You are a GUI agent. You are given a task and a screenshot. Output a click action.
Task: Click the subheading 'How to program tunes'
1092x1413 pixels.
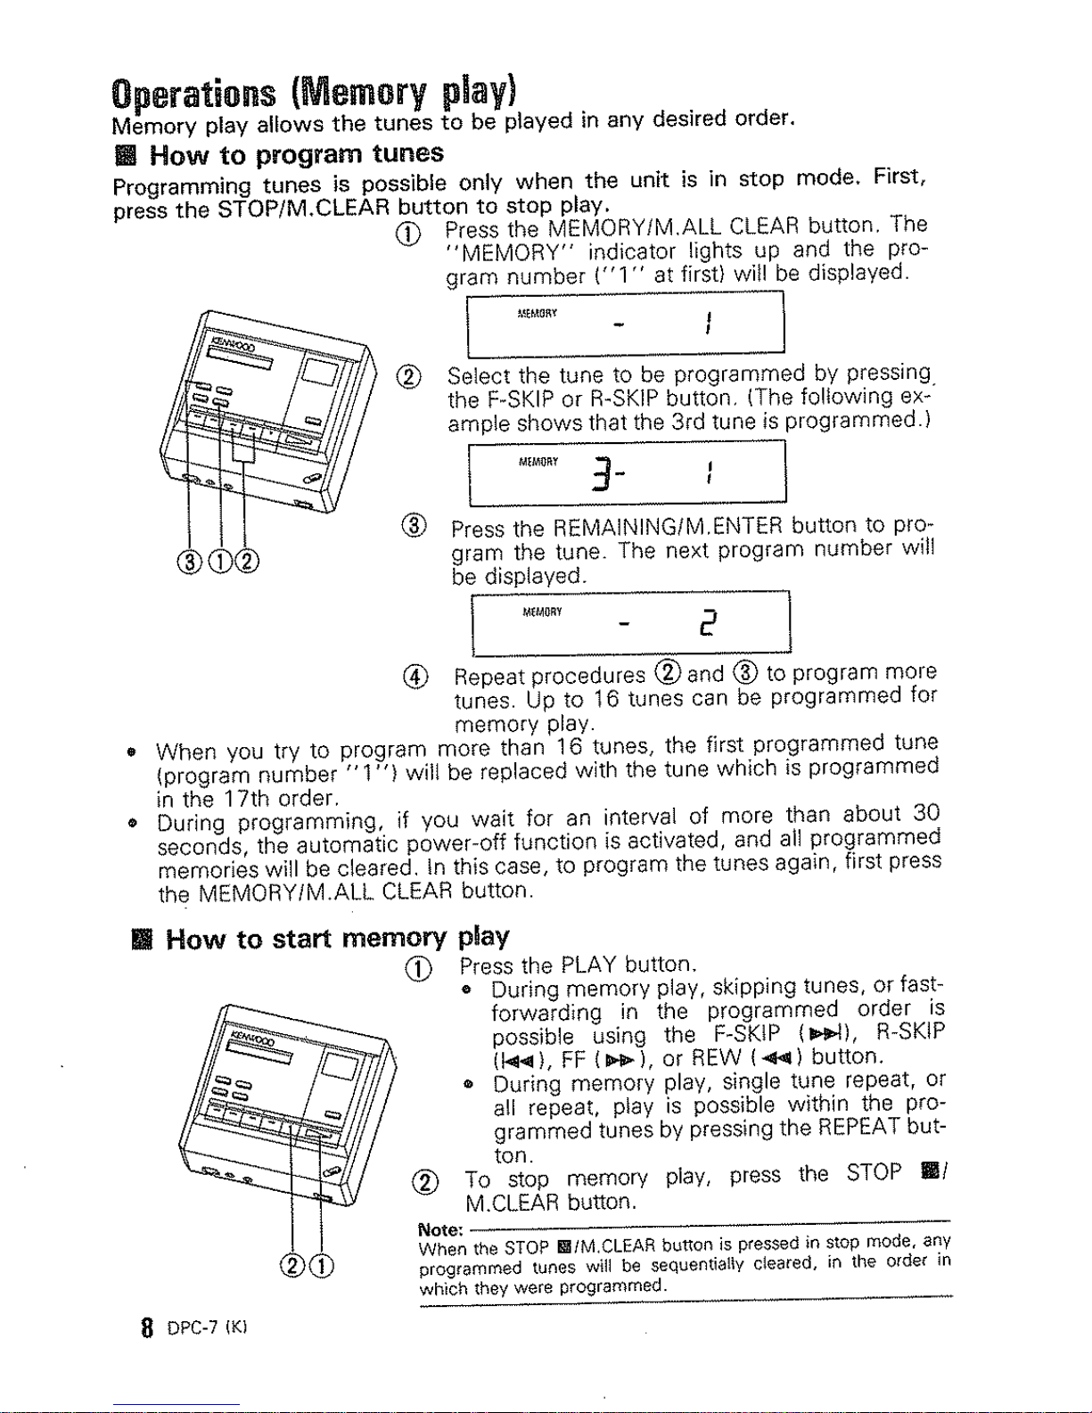point(296,154)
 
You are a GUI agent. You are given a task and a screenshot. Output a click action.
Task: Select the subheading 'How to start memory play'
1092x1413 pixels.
point(337,939)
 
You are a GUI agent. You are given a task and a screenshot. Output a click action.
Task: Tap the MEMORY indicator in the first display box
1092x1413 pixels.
point(537,314)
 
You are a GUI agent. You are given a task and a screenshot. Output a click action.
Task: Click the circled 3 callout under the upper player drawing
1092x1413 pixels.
point(189,561)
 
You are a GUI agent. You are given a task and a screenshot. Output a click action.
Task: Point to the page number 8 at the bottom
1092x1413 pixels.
point(148,1327)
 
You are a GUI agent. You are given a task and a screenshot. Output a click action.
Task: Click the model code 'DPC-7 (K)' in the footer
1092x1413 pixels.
point(208,1327)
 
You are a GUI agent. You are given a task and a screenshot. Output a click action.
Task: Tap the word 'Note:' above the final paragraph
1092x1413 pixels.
point(440,1229)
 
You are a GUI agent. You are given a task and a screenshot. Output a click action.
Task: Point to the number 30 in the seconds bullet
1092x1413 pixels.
point(925,813)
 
